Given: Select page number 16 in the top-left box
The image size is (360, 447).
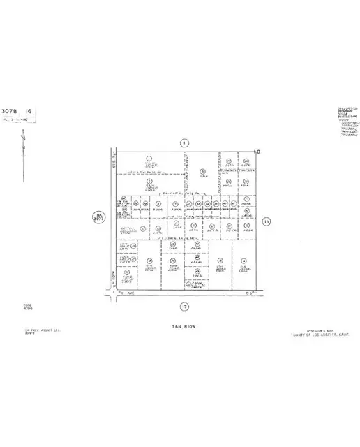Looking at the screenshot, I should pos(29,111).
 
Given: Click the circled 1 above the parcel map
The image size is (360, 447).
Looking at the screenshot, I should pos(184,143).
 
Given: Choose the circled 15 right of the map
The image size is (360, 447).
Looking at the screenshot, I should pos(266,222).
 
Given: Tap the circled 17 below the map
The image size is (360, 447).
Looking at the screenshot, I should pos(184,305).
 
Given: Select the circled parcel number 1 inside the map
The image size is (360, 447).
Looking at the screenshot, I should pos(149,158).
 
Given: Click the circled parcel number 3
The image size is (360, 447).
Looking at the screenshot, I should pos(202,171).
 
